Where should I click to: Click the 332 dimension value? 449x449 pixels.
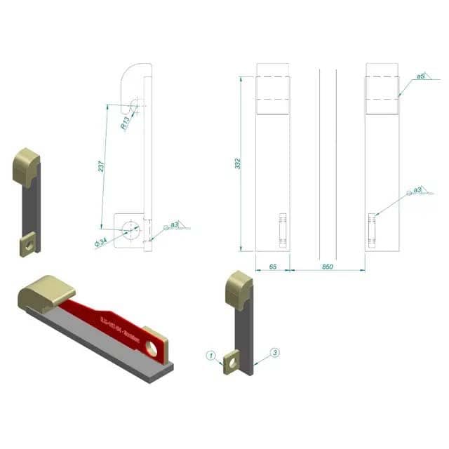tap(239, 163)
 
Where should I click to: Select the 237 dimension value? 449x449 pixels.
tap(101, 166)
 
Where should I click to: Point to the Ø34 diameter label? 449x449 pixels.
tap(100, 242)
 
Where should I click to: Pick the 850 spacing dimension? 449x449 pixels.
tap(327, 267)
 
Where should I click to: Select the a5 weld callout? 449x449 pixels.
tap(420, 76)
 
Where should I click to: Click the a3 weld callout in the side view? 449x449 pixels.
tap(176, 224)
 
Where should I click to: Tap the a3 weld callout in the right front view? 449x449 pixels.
tap(417, 189)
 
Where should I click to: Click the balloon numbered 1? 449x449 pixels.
tap(210, 355)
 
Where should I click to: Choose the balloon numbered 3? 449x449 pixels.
tap(275, 352)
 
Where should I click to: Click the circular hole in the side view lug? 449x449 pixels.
tap(129, 229)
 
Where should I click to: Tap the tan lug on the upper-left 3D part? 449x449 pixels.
tap(27, 244)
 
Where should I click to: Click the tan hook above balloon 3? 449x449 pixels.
tap(238, 290)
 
